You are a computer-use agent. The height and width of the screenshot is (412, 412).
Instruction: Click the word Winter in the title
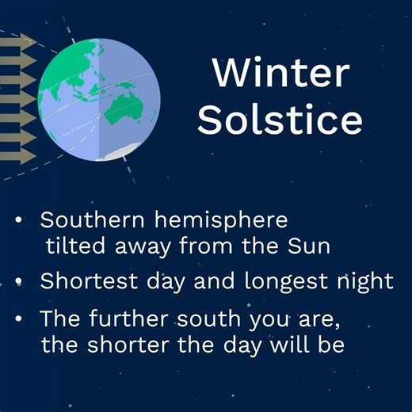pyautogui.click(x=280, y=74)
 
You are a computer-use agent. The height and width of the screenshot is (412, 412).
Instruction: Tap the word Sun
pyautogui.click(x=311, y=246)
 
